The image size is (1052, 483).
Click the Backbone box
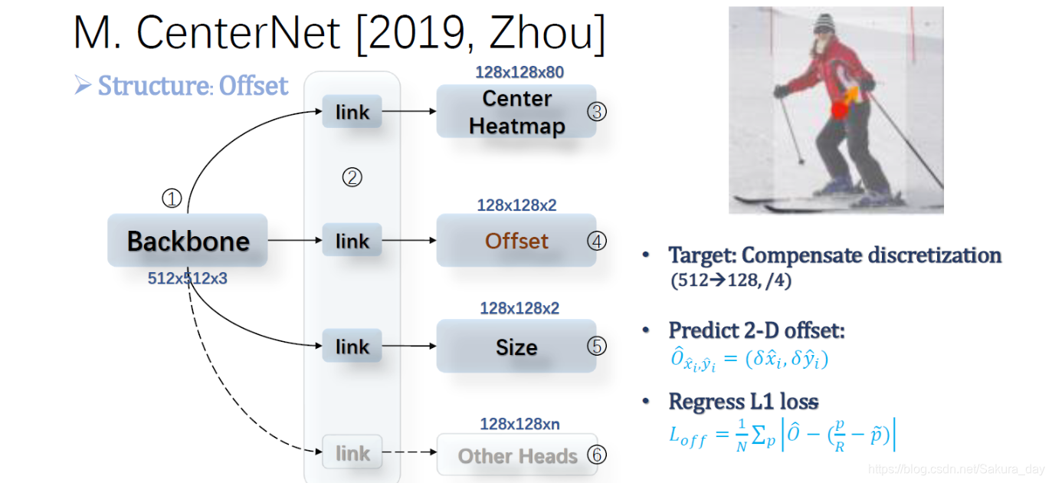pyautogui.click(x=188, y=241)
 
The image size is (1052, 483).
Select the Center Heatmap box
pyautogui.click(x=516, y=112)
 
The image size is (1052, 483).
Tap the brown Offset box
pyautogui.click(x=516, y=241)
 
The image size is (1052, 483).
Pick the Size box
pyautogui.click(x=516, y=347)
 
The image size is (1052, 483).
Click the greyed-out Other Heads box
pyautogui.click(x=517, y=456)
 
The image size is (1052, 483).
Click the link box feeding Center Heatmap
pyautogui.click(x=352, y=112)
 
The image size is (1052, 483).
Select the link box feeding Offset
pyautogui.click(x=352, y=241)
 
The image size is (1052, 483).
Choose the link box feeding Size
pyautogui.click(x=352, y=347)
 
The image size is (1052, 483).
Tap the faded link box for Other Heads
pyautogui.click(x=352, y=453)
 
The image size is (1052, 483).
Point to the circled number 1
pyautogui.click(x=172, y=199)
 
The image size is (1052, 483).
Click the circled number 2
pyautogui.click(x=352, y=178)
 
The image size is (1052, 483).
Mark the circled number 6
pyautogui.click(x=597, y=455)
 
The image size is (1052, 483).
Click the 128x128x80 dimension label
pyautogui.click(x=519, y=73)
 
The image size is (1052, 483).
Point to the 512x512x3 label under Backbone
pyautogui.click(x=188, y=279)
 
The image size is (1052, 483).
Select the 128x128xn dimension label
pyautogui.click(x=519, y=423)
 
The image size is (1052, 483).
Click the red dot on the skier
pyautogui.click(x=840, y=111)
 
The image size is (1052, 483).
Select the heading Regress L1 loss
pyautogui.click(x=743, y=401)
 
